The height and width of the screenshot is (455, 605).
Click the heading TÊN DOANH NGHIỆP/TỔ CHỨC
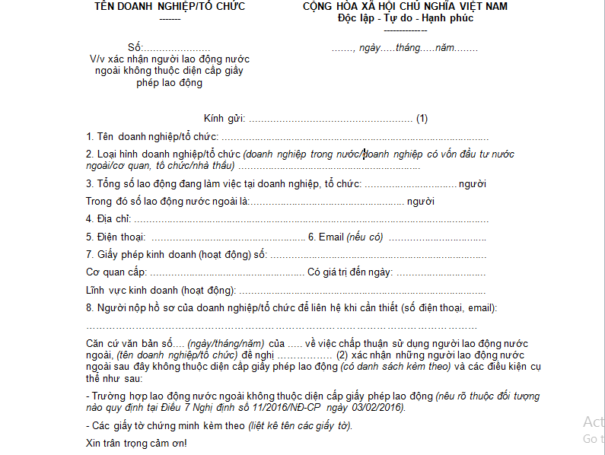(x=170, y=7)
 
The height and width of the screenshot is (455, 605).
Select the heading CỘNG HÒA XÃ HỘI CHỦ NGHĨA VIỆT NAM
(x=405, y=7)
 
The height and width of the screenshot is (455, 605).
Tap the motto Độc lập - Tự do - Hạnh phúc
(x=406, y=18)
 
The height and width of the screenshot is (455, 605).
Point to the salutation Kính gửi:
(x=224, y=119)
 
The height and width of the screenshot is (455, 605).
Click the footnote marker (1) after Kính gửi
(x=422, y=119)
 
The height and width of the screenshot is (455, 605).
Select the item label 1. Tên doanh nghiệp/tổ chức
(x=152, y=136)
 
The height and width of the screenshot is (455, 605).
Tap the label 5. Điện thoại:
(x=116, y=237)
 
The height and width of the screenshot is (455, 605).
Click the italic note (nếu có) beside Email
(x=365, y=237)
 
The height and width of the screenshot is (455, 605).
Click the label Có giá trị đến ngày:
(x=349, y=272)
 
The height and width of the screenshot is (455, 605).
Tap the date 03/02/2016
(x=380, y=408)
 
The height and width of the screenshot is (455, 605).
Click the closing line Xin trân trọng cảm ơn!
(x=136, y=443)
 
